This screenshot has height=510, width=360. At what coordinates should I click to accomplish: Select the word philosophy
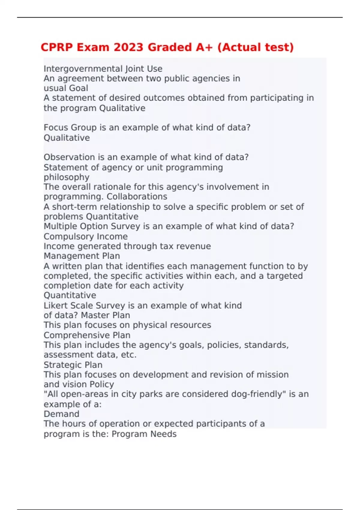[66, 177]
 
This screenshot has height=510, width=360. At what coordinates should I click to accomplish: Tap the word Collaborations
[137, 196]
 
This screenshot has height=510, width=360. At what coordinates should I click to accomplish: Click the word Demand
[61, 414]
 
